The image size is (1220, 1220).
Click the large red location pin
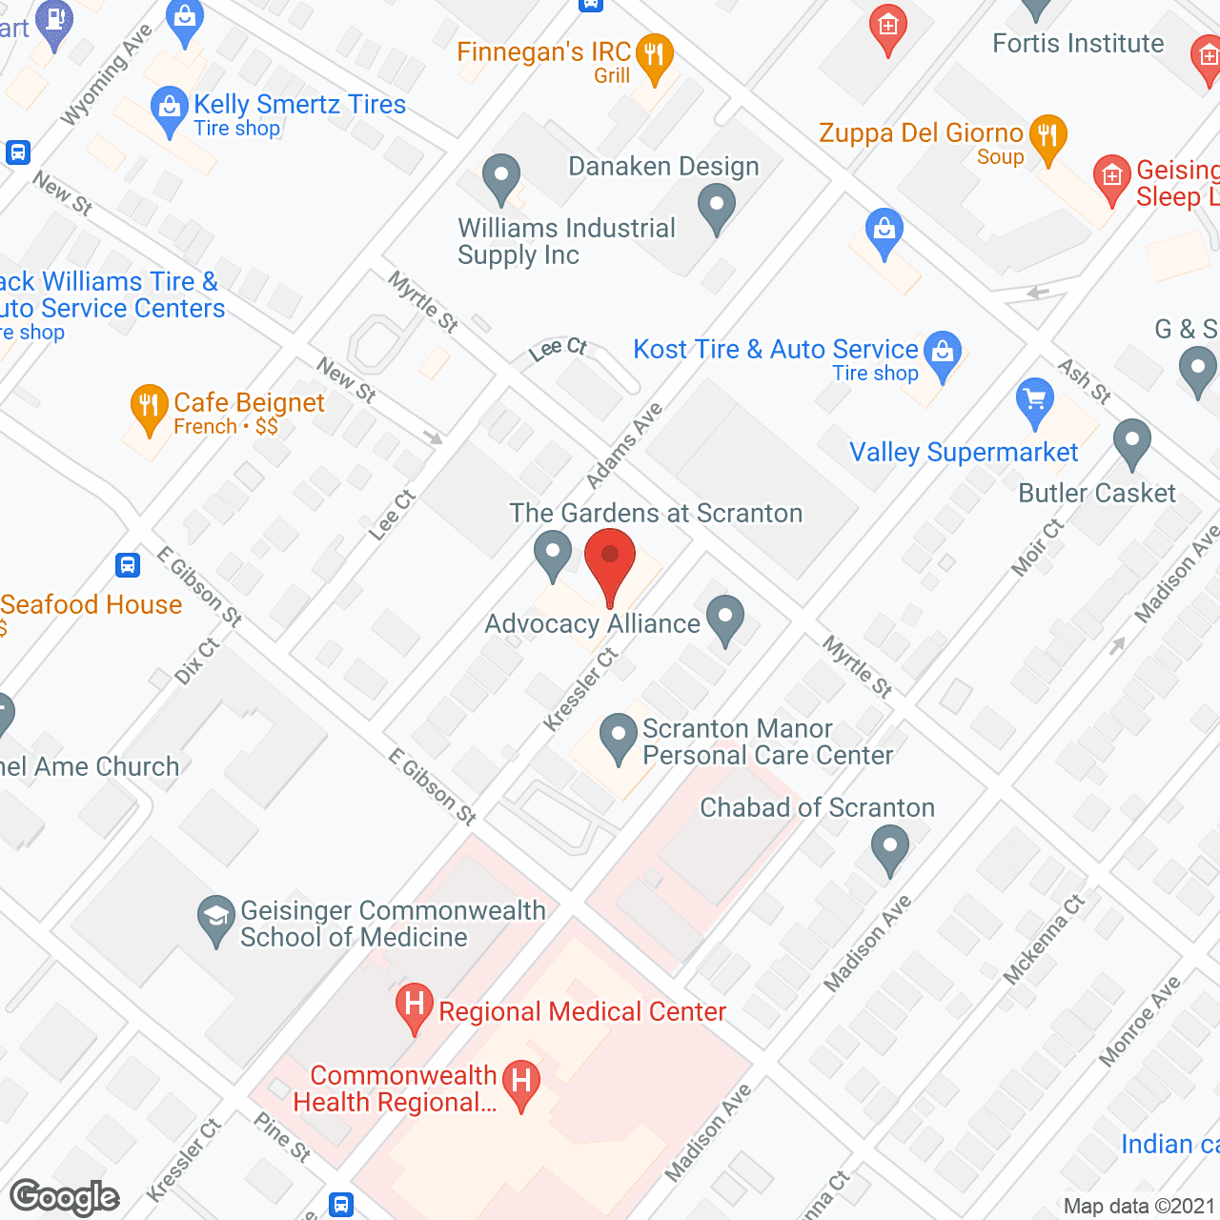click(610, 562)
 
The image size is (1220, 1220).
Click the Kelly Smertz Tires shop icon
click(169, 109)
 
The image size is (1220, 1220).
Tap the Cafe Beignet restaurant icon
click(148, 407)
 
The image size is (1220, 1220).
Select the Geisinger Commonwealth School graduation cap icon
click(215, 918)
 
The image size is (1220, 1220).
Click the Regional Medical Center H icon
click(415, 1006)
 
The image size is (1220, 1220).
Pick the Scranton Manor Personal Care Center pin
click(618, 737)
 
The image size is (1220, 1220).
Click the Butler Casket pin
click(1131, 442)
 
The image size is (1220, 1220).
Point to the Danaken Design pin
click(717, 206)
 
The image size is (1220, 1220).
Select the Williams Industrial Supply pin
click(500, 176)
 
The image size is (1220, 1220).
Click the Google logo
click(65, 1197)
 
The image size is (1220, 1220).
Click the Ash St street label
click(1085, 380)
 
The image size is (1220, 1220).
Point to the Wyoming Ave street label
click(106, 74)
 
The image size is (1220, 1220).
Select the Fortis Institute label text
click(1078, 44)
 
